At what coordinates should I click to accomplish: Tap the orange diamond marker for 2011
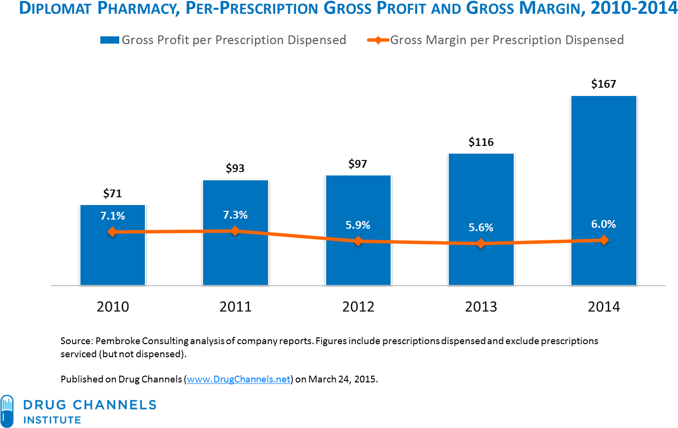click(235, 231)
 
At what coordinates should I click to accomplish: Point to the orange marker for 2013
click(481, 243)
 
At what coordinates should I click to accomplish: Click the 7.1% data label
click(112, 216)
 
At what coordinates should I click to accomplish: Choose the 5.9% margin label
click(358, 225)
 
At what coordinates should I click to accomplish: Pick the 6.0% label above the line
click(603, 224)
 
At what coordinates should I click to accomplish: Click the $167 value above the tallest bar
click(603, 84)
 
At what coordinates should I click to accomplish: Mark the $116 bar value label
click(481, 143)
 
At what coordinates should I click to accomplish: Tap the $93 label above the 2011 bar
click(235, 169)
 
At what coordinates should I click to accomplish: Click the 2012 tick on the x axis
click(358, 307)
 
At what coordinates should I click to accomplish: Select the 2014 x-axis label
click(603, 307)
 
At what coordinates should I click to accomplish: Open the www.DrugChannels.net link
click(238, 379)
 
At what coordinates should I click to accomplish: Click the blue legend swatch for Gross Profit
click(110, 40)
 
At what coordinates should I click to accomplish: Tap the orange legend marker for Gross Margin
click(378, 40)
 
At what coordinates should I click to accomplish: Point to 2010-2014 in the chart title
click(633, 9)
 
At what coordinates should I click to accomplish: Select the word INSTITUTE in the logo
click(52, 420)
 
